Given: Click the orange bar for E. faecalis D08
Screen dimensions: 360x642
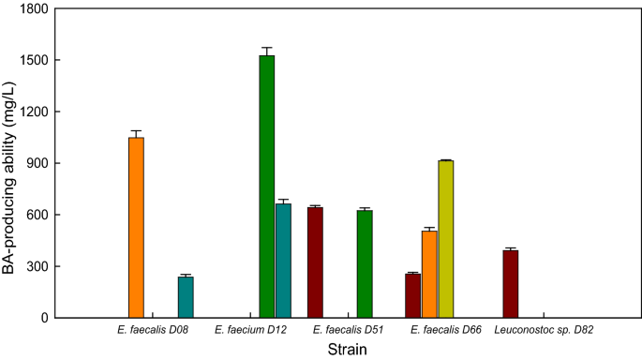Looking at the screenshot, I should [136, 228].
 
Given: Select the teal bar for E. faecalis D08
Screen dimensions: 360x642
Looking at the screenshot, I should [186, 297].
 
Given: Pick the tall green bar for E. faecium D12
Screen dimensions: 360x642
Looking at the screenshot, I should [267, 187].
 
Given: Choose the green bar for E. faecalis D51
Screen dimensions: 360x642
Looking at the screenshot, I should [365, 264].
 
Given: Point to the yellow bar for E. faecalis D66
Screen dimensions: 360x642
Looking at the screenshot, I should [446, 239].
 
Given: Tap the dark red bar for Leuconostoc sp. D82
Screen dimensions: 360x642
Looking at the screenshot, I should [510, 284].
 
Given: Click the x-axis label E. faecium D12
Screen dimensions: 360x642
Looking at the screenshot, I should [250, 330].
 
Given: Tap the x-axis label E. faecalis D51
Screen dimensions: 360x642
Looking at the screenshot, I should [348, 330].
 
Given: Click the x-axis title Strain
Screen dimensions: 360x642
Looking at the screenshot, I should [347, 350].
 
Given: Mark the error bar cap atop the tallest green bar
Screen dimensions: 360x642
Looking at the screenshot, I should [267, 48].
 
